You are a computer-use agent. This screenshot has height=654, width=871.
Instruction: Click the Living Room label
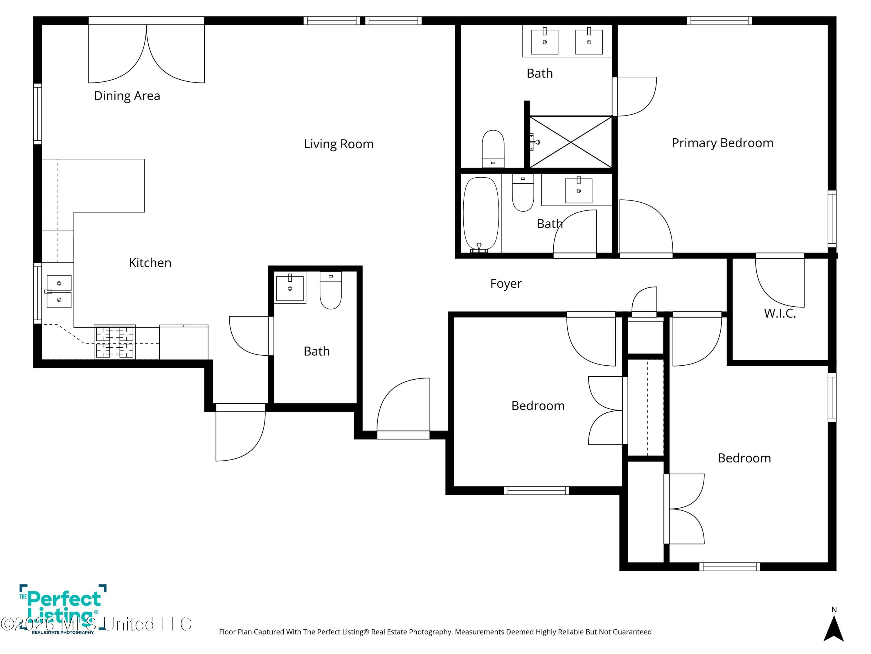[338, 144]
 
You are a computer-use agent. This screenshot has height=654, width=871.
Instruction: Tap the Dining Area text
[127, 96]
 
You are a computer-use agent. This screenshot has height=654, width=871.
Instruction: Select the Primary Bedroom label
[722, 143]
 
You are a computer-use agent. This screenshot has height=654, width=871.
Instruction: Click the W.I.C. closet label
[780, 313]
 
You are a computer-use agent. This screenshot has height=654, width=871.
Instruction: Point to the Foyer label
[505, 283]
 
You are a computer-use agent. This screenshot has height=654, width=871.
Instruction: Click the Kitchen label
[150, 262]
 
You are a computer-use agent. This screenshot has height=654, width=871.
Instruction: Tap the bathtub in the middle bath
[481, 214]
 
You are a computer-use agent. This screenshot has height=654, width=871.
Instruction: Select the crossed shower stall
[571, 142]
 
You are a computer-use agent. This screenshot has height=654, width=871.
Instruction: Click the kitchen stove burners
[115, 342]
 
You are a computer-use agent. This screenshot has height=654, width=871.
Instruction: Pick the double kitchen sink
[59, 291]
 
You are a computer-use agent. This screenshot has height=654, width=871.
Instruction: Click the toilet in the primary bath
[493, 148]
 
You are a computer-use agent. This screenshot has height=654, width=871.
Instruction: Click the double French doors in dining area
[146, 53]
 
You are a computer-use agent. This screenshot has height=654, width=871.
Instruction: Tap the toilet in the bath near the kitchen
[330, 291]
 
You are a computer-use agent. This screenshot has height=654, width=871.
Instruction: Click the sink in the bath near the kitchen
[290, 288]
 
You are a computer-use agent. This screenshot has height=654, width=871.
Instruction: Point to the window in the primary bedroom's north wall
[719, 21]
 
